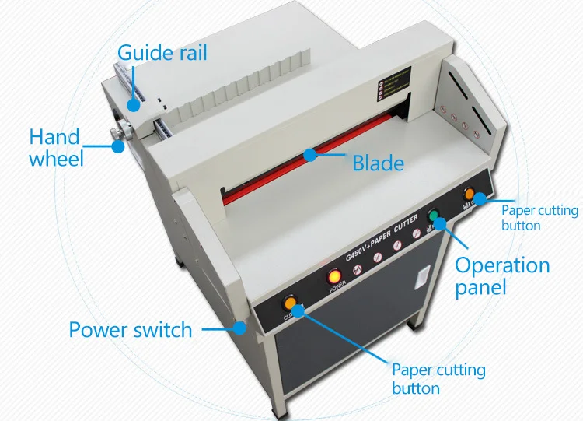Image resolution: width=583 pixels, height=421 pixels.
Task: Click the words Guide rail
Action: pyautogui.click(x=162, y=54)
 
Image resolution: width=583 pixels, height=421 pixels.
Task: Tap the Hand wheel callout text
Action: pyautogui.click(x=56, y=148)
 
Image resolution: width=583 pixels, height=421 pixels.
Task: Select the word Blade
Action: pyautogui.click(x=378, y=163)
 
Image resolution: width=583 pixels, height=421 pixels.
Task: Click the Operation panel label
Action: pyautogui.click(x=501, y=275)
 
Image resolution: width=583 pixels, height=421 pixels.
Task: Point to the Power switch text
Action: pyautogui.click(x=130, y=329)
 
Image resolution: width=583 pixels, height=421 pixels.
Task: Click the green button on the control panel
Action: pyautogui.click(x=435, y=216)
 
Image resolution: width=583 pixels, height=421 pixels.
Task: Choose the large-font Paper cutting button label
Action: pyautogui.click(x=438, y=378)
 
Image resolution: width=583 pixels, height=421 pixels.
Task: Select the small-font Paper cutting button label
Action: pyautogui.click(x=539, y=217)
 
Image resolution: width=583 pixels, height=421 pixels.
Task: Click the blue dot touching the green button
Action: pyautogui.click(x=442, y=225)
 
